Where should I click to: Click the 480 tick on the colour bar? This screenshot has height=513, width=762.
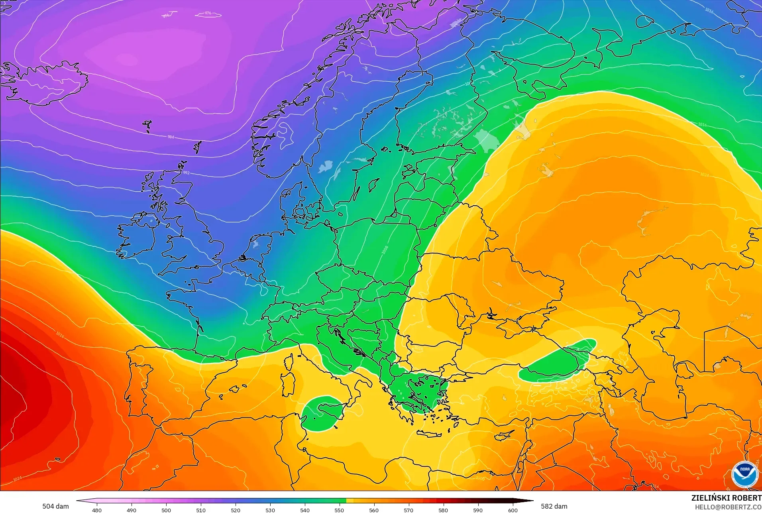(x=97, y=510)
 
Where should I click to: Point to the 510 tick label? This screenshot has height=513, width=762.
(x=201, y=510)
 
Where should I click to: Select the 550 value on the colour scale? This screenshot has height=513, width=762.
(x=339, y=510)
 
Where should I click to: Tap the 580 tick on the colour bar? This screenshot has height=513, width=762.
(x=443, y=510)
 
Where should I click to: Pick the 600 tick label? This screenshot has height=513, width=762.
(x=513, y=510)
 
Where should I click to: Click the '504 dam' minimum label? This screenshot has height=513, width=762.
(x=55, y=506)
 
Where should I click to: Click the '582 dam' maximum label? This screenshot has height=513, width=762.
(x=554, y=506)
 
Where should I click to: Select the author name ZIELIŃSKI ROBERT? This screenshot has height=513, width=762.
(x=726, y=498)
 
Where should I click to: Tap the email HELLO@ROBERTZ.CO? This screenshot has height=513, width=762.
(x=728, y=507)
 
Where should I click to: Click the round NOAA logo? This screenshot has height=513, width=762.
(x=744, y=474)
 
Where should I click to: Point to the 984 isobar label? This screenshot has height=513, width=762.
(x=171, y=137)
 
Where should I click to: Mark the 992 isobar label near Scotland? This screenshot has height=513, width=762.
(x=186, y=173)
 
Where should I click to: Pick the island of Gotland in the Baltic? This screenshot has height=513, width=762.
(x=374, y=185)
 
